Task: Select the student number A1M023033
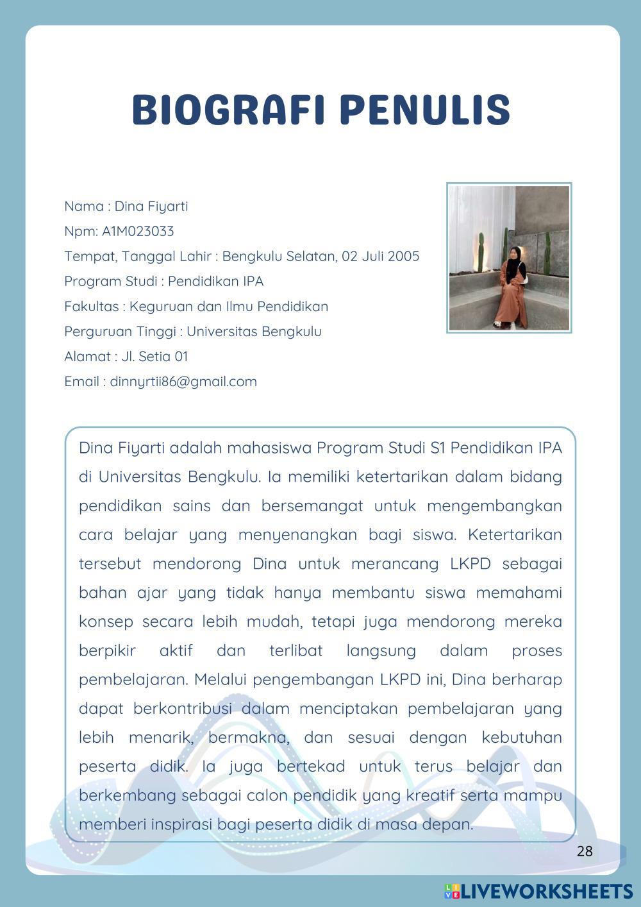point(138,231)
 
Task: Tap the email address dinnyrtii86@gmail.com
point(183,382)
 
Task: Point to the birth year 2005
point(403,256)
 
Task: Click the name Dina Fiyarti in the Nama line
point(151,206)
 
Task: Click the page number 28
point(585,851)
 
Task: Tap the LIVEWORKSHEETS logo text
point(547,891)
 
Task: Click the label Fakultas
point(92,306)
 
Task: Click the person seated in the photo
point(511,289)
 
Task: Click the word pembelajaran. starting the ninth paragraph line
point(133,679)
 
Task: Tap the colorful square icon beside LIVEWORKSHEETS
point(452,891)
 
